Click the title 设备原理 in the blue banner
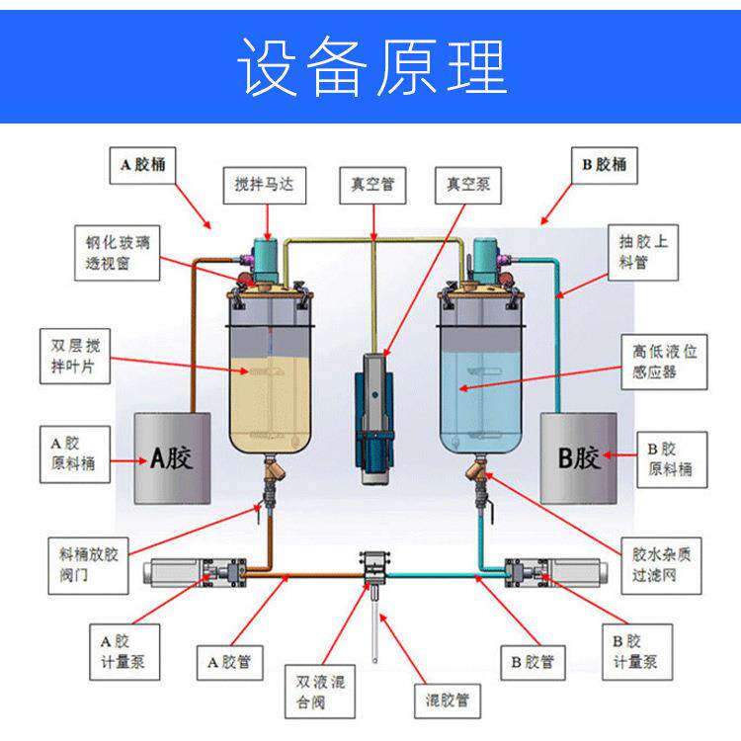click(370, 68)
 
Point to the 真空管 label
click(372, 185)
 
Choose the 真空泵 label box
click(467, 185)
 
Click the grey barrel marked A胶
click(170, 457)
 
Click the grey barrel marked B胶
click(579, 457)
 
